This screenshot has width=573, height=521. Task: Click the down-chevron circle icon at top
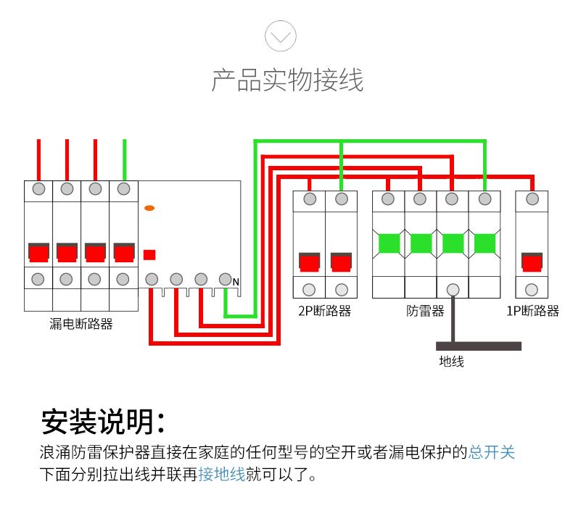[x=281, y=36]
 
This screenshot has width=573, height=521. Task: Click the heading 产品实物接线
[x=286, y=80]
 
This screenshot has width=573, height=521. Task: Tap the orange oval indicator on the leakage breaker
[x=149, y=209]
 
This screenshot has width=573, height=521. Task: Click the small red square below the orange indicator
[x=149, y=254]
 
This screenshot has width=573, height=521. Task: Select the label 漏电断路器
[x=81, y=324]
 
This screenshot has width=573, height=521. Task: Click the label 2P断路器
[x=324, y=312]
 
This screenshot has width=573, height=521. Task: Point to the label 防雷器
[x=425, y=312]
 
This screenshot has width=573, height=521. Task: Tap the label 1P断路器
[x=532, y=312]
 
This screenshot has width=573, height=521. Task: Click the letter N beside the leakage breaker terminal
[x=236, y=282]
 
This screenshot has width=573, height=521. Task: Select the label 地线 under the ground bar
[x=451, y=361]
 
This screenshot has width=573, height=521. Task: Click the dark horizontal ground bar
[x=479, y=346]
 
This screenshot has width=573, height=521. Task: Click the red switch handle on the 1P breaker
[x=532, y=261]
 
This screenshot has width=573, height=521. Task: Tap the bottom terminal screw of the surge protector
[x=453, y=290]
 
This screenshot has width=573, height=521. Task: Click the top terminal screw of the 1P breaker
[x=532, y=199]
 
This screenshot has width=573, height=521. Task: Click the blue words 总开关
[x=492, y=453]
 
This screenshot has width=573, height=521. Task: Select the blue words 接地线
[x=222, y=475]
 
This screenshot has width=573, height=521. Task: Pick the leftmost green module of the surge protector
[x=389, y=243]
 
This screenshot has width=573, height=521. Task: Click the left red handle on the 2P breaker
[x=310, y=261]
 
